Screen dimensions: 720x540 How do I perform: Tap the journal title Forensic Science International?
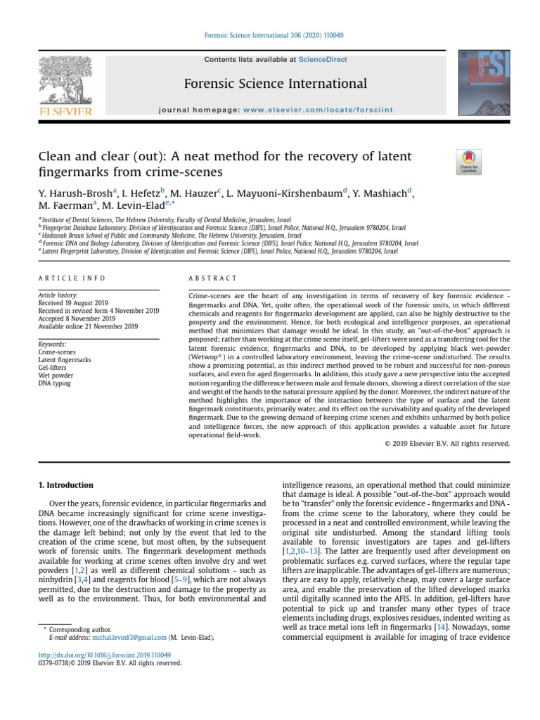tap(275, 84)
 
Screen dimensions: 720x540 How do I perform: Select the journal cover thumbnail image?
tap(484, 82)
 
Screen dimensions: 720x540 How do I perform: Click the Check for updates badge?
tap(469, 162)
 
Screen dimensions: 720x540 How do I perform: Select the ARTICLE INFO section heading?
tap(72, 278)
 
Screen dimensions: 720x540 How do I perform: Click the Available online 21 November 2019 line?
tap(88, 326)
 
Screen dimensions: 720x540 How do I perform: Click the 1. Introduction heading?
tap(65, 485)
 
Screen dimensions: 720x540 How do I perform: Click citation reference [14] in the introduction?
tap(441, 626)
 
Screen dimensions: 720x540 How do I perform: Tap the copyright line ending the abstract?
tap(447, 444)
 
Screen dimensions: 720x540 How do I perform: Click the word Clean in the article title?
tap(55, 156)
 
